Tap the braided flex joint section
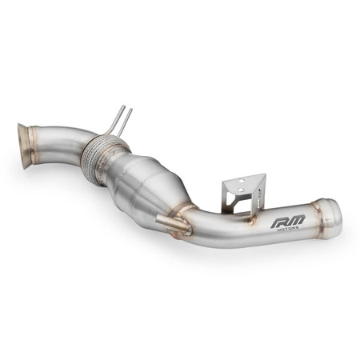[x=103, y=158]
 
